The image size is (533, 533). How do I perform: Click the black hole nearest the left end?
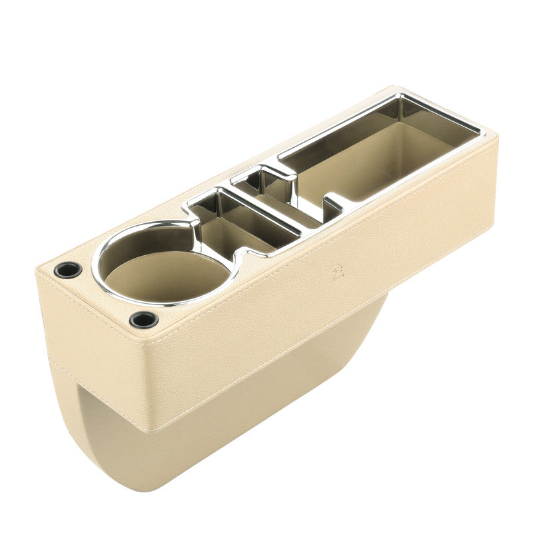click(67, 270)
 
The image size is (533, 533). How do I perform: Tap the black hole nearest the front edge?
click(143, 319)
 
